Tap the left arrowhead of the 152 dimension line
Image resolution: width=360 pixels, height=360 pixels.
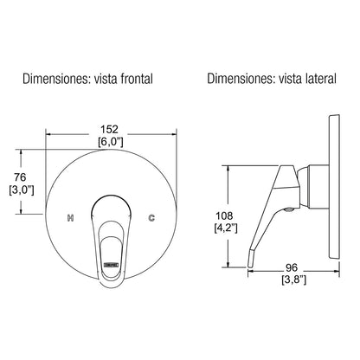click(48, 135)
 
